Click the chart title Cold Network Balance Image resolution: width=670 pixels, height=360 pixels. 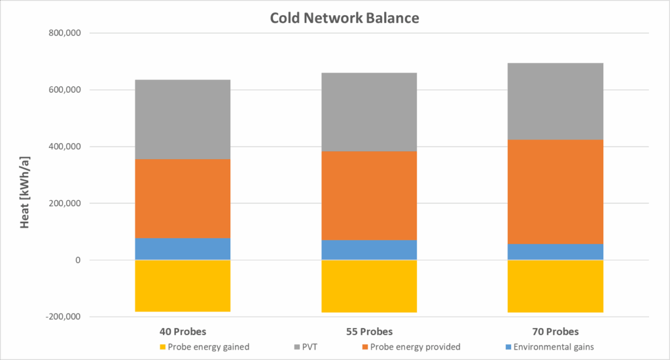click(344, 18)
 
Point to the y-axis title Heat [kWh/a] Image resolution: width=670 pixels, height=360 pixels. click(25, 192)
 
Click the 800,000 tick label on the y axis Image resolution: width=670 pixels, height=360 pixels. click(65, 33)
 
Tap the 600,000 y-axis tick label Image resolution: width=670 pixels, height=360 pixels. click(65, 90)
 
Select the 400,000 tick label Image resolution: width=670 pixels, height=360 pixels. click(65, 147)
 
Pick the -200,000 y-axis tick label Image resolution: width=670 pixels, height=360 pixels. click(63, 317)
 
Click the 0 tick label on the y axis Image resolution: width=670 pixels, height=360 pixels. click(78, 260)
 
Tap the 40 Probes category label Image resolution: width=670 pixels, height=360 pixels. click(183, 332)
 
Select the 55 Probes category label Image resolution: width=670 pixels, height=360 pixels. click(369, 332)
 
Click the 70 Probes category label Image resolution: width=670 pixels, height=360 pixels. click(555, 332)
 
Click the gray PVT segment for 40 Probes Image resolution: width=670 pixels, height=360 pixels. click(183, 119)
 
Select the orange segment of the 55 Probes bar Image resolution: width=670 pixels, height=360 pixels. click(369, 196)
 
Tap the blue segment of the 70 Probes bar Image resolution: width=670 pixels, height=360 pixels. click(555, 252)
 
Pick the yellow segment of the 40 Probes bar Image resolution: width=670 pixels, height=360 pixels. click(183, 285)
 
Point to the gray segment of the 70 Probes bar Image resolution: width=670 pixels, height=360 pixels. click(555, 101)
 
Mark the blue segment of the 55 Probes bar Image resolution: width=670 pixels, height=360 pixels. click(369, 250)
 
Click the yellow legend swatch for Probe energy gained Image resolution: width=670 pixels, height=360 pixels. click(162, 347)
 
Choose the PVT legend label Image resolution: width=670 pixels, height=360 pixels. click(309, 347)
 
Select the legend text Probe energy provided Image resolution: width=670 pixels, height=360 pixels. click(415, 347)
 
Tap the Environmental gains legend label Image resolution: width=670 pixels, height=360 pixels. click(554, 347)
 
